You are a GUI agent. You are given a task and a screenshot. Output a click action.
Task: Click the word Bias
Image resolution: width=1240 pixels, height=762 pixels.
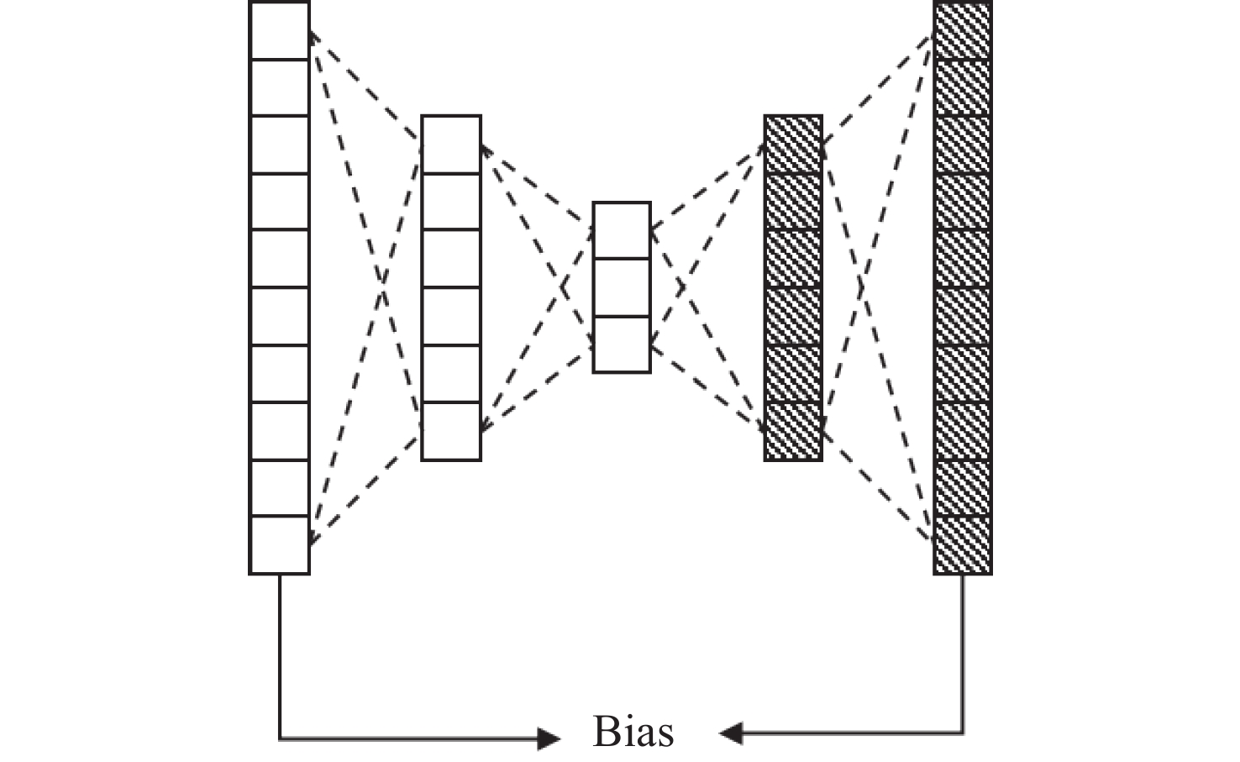[633, 732]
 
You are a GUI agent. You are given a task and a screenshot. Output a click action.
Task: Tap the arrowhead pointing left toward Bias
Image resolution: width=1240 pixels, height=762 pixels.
[730, 733]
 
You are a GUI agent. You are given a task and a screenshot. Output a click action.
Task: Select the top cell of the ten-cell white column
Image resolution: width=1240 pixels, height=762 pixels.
[280, 30]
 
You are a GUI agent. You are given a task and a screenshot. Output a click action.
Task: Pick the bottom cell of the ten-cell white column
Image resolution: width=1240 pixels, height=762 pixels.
[280, 544]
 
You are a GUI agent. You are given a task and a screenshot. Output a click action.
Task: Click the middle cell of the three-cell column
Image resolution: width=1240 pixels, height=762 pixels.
[622, 287]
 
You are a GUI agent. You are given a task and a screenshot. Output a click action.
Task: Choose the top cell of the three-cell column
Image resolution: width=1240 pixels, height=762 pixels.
[622, 230]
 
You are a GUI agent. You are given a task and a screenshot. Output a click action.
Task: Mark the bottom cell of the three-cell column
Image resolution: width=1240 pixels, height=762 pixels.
[622, 344]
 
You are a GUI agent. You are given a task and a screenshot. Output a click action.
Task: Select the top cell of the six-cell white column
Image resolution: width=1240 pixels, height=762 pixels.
[451, 145]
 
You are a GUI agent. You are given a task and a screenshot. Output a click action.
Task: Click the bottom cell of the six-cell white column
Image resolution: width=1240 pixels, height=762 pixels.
[451, 431]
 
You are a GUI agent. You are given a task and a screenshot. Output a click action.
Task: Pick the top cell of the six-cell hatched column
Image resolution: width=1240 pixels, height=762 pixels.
[793, 145]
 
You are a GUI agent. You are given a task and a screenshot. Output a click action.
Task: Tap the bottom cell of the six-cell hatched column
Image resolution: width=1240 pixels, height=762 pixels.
[793, 431]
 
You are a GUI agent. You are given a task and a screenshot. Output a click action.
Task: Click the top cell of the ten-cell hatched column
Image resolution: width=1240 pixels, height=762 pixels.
[963, 30]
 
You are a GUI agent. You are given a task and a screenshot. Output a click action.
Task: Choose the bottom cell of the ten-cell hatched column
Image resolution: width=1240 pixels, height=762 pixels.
[963, 544]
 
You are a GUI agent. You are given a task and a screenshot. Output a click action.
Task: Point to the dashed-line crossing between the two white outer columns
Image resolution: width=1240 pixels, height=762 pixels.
[383, 287]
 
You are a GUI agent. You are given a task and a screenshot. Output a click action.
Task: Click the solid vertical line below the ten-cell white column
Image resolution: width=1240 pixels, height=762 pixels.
[280, 655]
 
